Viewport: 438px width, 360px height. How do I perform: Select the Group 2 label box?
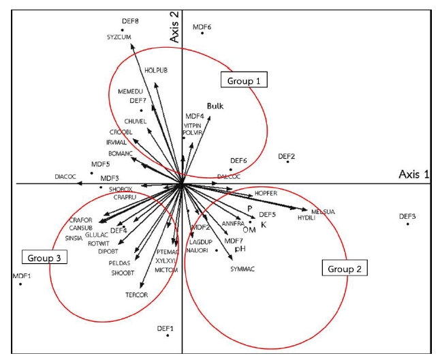pos(344,268)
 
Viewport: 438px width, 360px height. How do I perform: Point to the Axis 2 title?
pos(174,27)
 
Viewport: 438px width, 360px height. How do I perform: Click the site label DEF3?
pos(407,216)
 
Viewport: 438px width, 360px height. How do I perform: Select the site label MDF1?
pos(22,275)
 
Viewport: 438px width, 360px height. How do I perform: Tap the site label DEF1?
pos(166,328)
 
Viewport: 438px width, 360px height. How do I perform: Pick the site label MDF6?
pos(202,27)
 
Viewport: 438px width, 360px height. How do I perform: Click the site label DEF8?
pos(130,21)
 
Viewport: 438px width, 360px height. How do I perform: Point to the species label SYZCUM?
pos(118,37)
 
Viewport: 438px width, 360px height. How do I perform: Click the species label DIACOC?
pos(67,177)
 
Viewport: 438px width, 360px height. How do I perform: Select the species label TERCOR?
pos(136,295)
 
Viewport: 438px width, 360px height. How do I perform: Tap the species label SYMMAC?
pos(242,269)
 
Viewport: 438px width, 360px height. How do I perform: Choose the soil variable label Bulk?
pos(215,106)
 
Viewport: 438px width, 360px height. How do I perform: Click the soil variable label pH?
pos(240,250)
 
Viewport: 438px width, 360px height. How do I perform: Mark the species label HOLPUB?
pos(156,70)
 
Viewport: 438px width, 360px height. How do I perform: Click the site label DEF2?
pos(287,156)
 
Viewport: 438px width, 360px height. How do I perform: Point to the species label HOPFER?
pos(266,194)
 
